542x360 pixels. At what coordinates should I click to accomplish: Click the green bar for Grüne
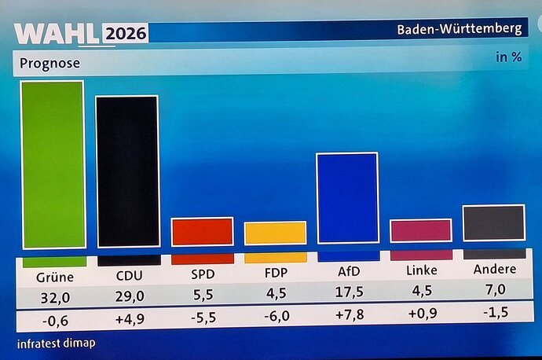click(x=52, y=165)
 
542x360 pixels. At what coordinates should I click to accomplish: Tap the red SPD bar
click(x=202, y=232)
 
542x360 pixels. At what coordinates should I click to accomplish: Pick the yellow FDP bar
click(x=275, y=233)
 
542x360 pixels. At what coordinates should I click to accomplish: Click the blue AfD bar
click(x=347, y=198)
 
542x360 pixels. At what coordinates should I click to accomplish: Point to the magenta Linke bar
click(x=421, y=230)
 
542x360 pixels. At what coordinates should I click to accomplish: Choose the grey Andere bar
click(x=493, y=222)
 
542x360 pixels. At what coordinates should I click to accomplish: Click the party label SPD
click(x=202, y=272)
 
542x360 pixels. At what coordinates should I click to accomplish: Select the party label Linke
click(x=421, y=270)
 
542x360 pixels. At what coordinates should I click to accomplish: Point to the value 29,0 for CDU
click(x=128, y=297)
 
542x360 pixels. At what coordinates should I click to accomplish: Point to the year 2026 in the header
click(x=125, y=35)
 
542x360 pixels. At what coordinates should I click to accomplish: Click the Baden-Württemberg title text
click(x=459, y=29)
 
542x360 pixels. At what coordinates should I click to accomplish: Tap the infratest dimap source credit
click(x=53, y=344)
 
